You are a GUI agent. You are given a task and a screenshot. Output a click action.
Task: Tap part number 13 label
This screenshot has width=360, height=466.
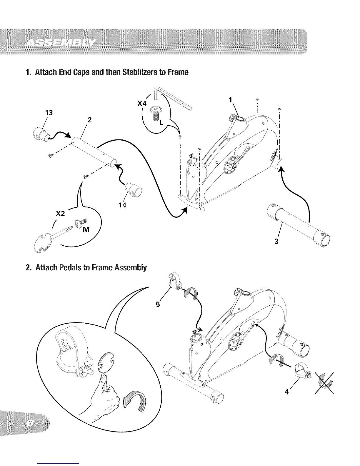point(49,113)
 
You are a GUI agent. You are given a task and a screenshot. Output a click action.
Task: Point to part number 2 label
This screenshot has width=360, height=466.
point(89,120)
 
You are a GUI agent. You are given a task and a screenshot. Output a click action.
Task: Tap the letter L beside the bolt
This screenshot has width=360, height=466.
point(161,123)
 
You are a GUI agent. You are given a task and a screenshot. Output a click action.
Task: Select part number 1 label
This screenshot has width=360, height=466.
point(231,100)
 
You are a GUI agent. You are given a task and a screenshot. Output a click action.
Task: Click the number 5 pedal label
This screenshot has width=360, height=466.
point(158,305)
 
